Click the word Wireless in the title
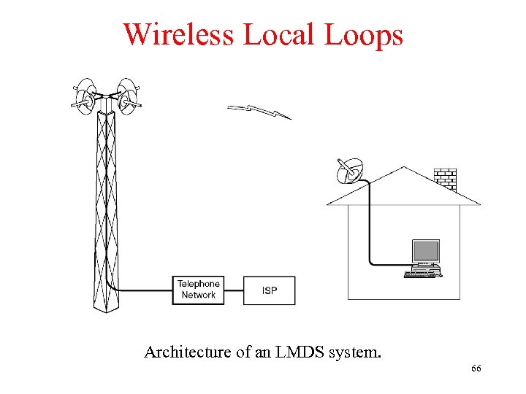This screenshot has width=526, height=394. [x=178, y=34]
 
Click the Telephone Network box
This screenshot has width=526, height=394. [x=198, y=290]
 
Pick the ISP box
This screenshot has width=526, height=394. [x=270, y=290]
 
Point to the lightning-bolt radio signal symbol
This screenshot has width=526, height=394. [x=259, y=111]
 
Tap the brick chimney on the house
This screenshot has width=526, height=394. [x=444, y=179]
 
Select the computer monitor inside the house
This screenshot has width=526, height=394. [x=426, y=252]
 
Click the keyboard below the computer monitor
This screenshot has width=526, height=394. [x=423, y=274]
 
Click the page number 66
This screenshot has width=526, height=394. [x=476, y=368]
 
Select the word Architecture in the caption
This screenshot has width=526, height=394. [x=186, y=352]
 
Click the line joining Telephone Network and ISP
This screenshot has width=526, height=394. [x=233, y=290]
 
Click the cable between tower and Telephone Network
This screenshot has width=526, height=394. [x=146, y=290]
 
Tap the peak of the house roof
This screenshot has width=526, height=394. [x=404, y=169]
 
